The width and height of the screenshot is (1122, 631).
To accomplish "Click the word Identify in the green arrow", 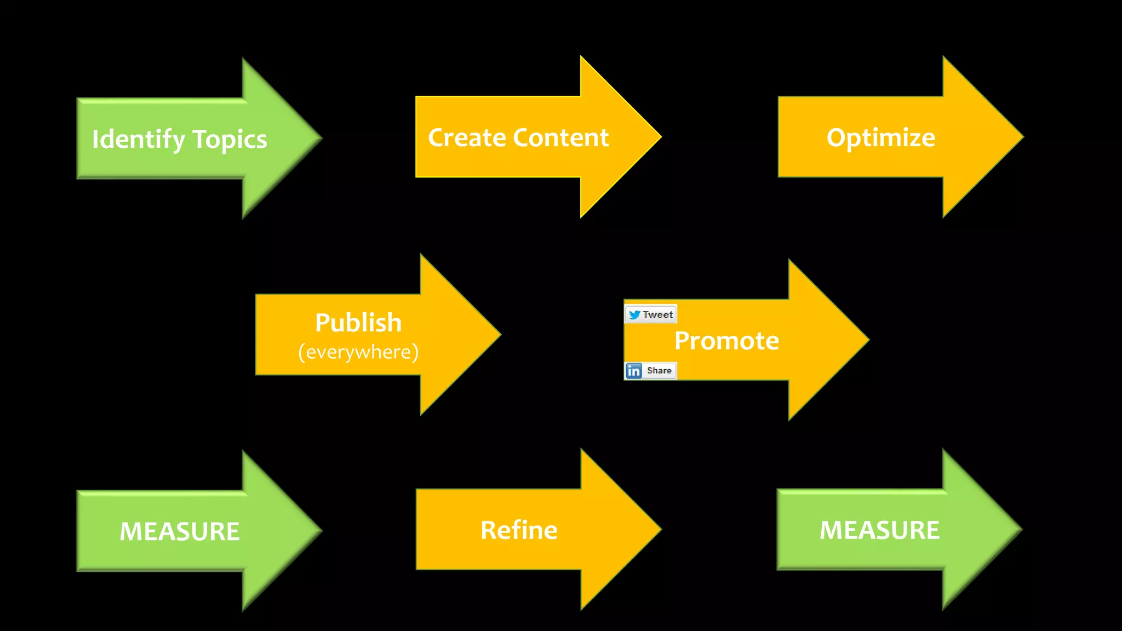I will [138, 140].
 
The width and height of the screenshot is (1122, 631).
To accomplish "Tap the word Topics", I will [230, 140].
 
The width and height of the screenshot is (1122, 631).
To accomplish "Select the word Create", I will [466, 137].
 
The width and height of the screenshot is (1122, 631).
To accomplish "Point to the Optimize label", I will [880, 137].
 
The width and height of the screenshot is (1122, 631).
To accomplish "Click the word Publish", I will [358, 323].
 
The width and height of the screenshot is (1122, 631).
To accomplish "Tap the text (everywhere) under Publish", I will [358, 352].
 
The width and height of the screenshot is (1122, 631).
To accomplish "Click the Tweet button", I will [651, 314].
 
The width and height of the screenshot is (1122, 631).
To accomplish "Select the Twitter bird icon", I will [634, 315].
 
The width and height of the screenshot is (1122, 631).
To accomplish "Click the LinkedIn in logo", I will [634, 371].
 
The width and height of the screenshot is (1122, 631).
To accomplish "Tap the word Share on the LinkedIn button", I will [659, 371].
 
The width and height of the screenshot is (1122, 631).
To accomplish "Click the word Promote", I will [726, 341].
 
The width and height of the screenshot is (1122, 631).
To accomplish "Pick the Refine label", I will [519, 530].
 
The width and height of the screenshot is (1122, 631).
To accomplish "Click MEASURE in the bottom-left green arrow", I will [180, 531].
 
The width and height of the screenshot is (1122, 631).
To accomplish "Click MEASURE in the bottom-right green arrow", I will [879, 530].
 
